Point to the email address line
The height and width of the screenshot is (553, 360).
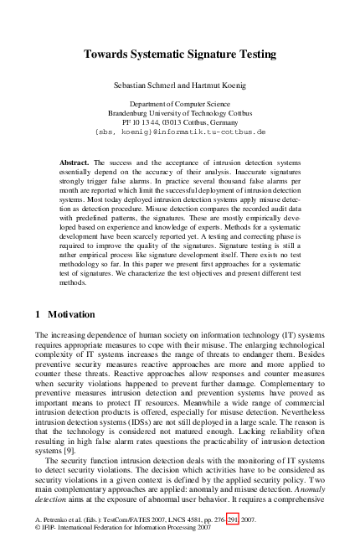(180, 132)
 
